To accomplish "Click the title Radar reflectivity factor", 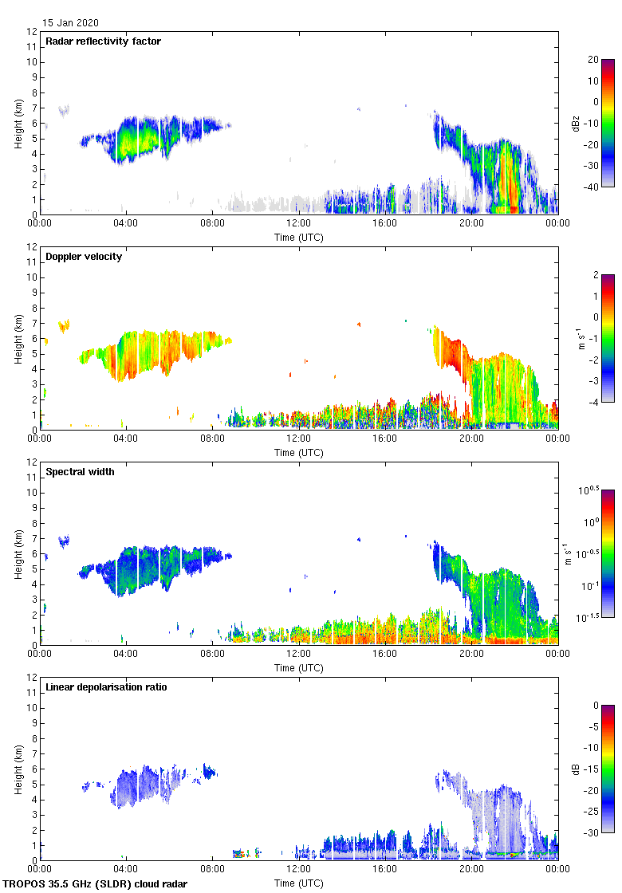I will point(103,41).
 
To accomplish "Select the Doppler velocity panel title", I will point(84,257).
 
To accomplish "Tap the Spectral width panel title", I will point(80,472).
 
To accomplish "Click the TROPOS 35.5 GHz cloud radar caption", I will point(96,884).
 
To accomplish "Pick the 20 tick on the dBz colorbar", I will point(592,59).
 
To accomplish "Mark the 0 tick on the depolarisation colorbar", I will point(594,705).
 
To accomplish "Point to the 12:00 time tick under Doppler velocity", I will point(298,439).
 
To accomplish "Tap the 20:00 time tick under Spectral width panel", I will point(471,654).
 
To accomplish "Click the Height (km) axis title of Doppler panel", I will point(18,338).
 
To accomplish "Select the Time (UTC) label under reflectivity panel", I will point(299,237).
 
